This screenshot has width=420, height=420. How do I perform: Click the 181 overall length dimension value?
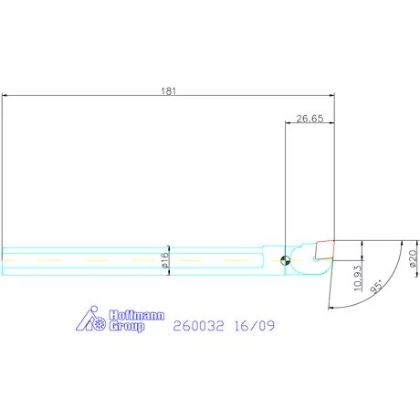[x=168, y=91]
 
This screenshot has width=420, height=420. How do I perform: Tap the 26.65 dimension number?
[x=310, y=119]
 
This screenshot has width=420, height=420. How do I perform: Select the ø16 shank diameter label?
[x=164, y=260]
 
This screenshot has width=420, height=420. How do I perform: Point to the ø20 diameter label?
[x=413, y=258]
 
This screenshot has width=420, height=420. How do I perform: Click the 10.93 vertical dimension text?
[x=358, y=278]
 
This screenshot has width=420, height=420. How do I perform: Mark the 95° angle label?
[x=376, y=287]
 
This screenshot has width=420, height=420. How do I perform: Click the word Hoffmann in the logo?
[x=137, y=315]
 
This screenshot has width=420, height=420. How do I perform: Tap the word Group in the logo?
[x=127, y=326]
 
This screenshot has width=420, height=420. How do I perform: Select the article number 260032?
[x=198, y=326]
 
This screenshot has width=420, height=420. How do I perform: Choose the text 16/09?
[x=255, y=326]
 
